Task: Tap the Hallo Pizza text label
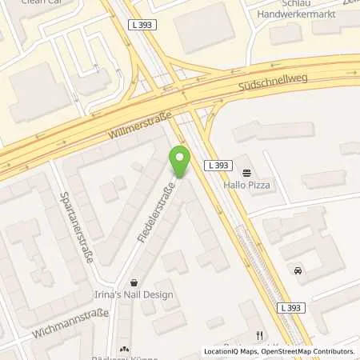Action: tap(247, 186)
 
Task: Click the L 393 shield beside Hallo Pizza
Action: tap(218, 166)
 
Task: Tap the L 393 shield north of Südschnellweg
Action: tap(144, 25)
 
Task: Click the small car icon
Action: tap(298, 270)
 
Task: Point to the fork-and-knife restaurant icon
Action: tap(259, 335)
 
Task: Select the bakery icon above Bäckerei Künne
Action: tap(124, 349)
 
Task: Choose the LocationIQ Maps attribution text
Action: tap(232, 351)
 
